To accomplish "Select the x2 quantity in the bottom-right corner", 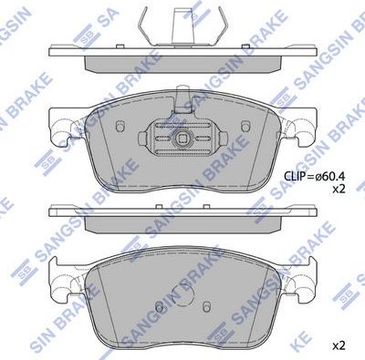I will [338, 345].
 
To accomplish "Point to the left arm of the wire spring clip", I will [146, 24].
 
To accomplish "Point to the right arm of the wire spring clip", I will [219, 24].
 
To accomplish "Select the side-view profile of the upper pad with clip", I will [182, 59].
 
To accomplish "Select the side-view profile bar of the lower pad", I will [182, 215].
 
